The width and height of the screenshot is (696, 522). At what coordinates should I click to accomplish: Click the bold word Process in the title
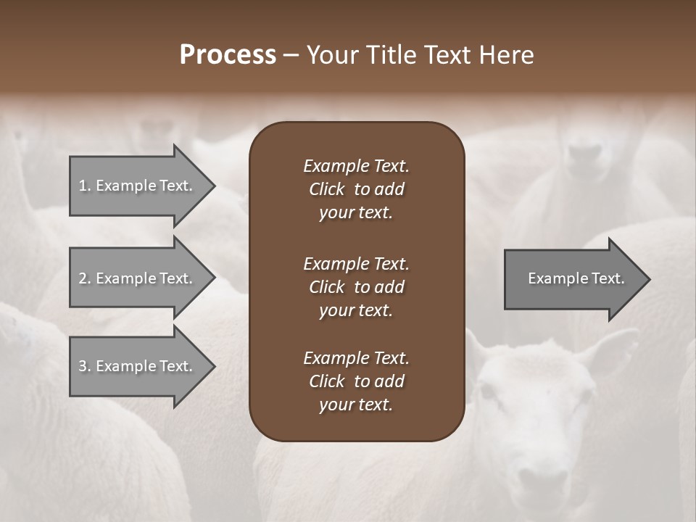coord(228,55)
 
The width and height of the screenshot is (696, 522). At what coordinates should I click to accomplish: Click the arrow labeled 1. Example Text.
coord(138,186)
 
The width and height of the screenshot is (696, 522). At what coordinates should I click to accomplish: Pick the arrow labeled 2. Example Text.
coord(138,278)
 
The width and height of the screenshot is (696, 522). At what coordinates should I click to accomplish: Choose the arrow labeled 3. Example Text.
coord(138,367)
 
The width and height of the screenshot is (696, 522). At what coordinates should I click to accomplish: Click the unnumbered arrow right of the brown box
coord(573,279)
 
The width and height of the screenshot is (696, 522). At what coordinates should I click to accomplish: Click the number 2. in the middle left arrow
coord(85,278)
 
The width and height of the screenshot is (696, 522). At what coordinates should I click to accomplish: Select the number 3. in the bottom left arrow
coord(85,367)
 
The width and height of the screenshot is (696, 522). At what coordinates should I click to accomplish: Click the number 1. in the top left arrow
coord(85,186)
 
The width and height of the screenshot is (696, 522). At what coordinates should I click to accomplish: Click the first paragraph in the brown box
coord(356,189)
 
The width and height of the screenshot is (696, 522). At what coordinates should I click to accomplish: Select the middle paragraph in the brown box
coord(356,287)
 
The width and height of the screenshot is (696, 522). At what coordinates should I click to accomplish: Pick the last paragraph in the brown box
coord(356,381)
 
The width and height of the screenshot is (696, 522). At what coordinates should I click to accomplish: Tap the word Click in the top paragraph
coord(326,189)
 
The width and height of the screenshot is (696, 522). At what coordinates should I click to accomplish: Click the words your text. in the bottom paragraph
coord(356,405)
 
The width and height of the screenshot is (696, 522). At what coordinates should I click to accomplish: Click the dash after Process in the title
coord(291,55)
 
